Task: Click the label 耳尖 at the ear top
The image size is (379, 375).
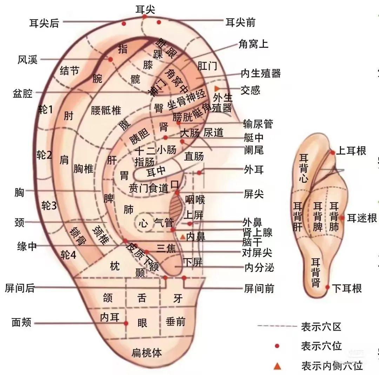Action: (x=145, y=9)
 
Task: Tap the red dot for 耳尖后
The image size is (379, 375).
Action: (x=124, y=24)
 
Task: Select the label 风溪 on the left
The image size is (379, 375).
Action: (x=27, y=60)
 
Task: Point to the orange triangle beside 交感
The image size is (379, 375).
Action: (x=217, y=88)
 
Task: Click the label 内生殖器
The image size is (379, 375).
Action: (x=260, y=73)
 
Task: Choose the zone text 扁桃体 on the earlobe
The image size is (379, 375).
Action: (x=147, y=353)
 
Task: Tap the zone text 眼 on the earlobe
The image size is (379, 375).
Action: (x=142, y=323)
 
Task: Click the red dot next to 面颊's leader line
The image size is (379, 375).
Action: (x=126, y=323)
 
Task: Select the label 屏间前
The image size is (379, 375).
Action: (x=259, y=289)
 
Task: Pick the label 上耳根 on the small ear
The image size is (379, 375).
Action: (x=351, y=151)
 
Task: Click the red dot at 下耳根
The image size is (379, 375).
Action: (x=327, y=287)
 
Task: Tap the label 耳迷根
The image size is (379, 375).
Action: (x=362, y=218)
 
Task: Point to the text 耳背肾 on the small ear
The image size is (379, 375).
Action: (x=316, y=272)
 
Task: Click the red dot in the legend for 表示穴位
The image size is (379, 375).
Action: (x=277, y=346)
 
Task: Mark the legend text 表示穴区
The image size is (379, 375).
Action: (x=321, y=327)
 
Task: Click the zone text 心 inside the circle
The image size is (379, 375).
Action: (x=143, y=224)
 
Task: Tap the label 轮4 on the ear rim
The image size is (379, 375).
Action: (x=68, y=255)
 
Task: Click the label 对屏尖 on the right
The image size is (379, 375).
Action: (x=258, y=252)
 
